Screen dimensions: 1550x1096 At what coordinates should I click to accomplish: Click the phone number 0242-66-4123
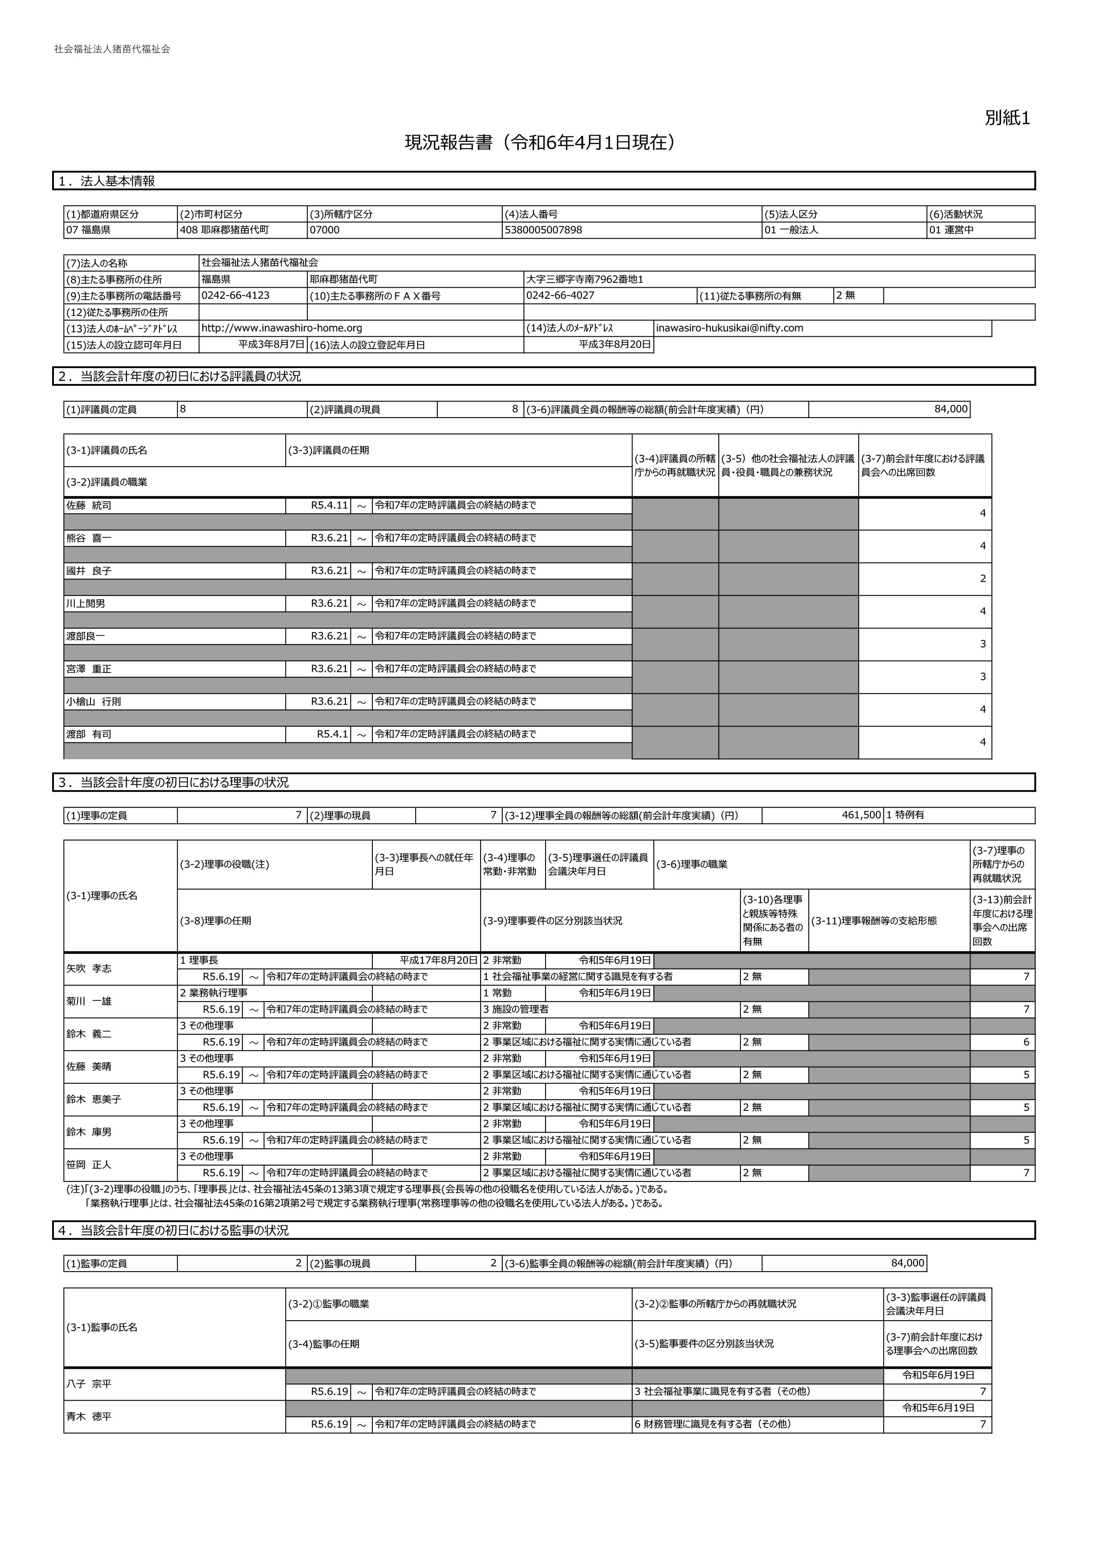click(235, 296)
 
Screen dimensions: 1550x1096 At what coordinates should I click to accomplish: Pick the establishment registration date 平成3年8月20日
click(615, 345)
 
